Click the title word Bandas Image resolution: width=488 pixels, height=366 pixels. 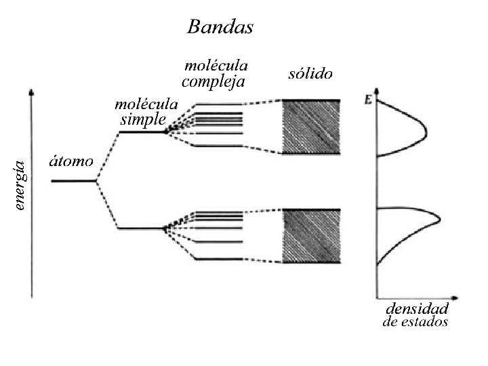(220, 27)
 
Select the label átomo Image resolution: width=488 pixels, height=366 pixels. (70, 163)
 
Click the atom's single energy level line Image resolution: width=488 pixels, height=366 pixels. (74, 180)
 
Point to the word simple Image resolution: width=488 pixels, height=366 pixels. (143, 120)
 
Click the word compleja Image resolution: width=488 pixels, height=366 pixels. (213, 82)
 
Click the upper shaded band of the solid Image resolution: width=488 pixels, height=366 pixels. (310, 127)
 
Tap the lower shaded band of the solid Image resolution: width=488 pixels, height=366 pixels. (310, 235)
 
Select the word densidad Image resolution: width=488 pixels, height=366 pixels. (417, 309)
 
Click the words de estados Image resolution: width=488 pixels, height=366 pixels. (415, 322)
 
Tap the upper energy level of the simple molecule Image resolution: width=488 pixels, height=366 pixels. (142, 132)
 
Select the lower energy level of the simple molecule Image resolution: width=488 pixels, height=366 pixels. (141, 228)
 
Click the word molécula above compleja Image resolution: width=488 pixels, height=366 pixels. (216, 66)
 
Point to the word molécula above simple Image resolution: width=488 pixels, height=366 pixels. (146, 105)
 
